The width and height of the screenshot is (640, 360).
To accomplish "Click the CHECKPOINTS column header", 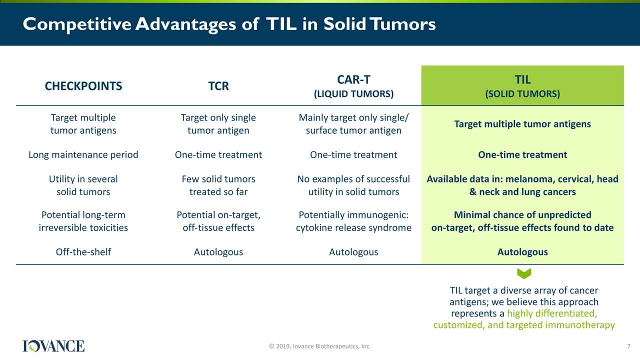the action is pyautogui.click(x=83, y=86).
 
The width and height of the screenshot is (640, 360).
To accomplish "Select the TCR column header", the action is pyautogui.click(x=218, y=86).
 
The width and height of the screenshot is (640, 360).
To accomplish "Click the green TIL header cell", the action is pyautogui.click(x=522, y=85).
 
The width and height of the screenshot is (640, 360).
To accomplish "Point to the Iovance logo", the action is pyautogui.click(x=53, y=346).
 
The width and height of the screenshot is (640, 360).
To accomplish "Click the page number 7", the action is pyautogui.click(x=628, y=346).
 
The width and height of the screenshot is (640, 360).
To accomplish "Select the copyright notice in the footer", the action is pyautogui.click(x=319, y=346).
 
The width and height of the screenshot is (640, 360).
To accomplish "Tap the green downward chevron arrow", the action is pyautogui.click(x=524, y=273).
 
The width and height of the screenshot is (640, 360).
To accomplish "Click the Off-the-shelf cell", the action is pyautogui.click(x=83, y=252).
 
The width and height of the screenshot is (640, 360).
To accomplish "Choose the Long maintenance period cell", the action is pyautogui.click(x=83, y=155).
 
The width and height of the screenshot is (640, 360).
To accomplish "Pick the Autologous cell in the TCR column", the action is pyautogui.click(x=218, y=252).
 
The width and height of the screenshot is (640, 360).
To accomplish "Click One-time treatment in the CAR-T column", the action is pyautogui.click(x=353, y=155).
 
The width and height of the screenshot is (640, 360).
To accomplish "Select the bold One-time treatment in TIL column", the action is pyautogui.click(x=522, y=155).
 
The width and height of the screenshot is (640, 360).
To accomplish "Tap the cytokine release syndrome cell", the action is pyautogui.click(x=353, y=221).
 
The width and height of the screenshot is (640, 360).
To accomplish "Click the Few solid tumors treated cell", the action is pyautogui.click(x=218, y=185).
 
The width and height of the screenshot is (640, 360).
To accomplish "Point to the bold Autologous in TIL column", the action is pyautogui.click(x=522, y=252).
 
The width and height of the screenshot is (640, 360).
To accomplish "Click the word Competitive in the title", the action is pyautogui.click(x=77, y=24).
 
